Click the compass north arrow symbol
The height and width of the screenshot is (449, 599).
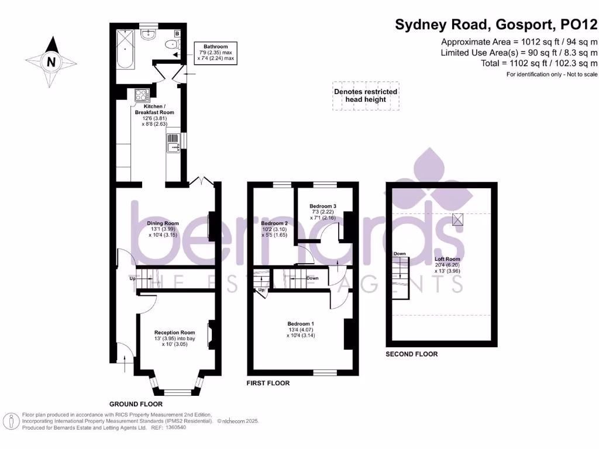(51, 60)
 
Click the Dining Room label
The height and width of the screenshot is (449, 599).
(163, 223)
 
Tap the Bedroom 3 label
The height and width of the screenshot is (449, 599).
(323, 206)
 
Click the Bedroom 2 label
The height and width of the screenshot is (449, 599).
(274, 223)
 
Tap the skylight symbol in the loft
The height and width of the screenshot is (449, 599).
(459, 219)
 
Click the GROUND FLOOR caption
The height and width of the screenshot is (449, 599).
(136, 404)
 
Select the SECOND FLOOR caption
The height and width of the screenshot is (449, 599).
(411, 354)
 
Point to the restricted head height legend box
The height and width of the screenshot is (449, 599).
(366, 96)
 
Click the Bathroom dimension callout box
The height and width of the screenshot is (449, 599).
(215, 53)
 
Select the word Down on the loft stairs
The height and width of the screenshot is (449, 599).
(400, 254)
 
